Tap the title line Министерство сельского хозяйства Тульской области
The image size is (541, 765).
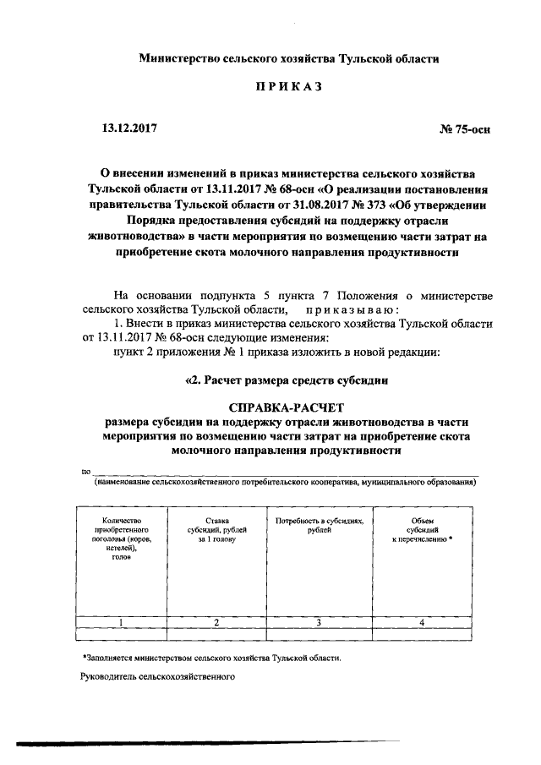coord(289,58)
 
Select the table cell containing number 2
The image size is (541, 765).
coord(216,623)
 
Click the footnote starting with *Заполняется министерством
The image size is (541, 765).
coord(213,657)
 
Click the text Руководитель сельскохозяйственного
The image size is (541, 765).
coord(157,677)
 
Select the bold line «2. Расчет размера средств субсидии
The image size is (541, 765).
coord(287,380)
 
